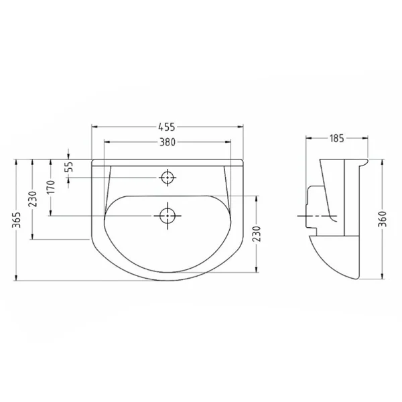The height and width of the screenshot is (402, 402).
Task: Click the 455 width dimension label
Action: point(167,127)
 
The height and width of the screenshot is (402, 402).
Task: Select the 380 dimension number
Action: point(167,142)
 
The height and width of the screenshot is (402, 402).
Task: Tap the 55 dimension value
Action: point(69,166)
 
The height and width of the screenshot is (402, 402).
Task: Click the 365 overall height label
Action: point(17,220)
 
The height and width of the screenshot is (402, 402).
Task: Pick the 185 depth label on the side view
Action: point(336,139)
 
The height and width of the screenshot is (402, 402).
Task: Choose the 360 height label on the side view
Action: point(383,218)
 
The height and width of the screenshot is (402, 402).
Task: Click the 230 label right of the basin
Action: point(257,234)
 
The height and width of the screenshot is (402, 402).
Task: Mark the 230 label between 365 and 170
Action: point(33,199)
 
